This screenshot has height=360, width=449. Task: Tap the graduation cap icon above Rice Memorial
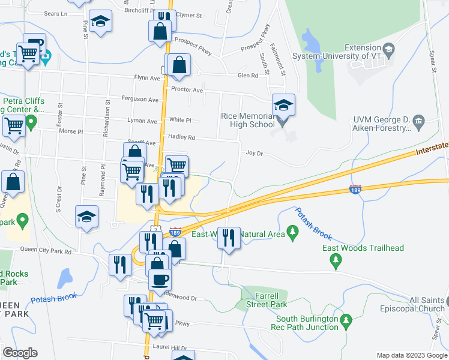coord(283,106)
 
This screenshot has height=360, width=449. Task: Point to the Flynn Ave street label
coord(147,77)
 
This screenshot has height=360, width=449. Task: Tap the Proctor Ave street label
coord(187,90)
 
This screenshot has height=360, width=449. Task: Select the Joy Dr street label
coord(255,152)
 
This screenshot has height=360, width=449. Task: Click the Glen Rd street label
coord(247,75)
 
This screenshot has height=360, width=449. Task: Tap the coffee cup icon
coord(160,279)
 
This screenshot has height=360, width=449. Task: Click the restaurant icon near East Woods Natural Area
coord(229,238)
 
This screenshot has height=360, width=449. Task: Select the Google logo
coord(20,353)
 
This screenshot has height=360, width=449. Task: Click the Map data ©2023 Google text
coord(411,355)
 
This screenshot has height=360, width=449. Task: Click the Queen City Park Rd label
coord(46,252)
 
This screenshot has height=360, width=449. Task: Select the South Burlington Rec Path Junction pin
coord(345,322)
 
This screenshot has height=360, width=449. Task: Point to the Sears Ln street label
coord(56,13)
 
